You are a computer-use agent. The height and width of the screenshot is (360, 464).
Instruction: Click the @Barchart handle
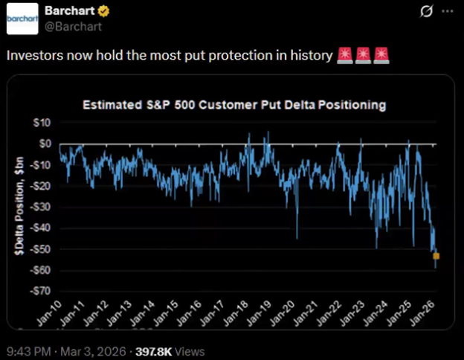point(71,26)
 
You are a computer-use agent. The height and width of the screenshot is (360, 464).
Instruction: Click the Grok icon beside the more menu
point(426,11)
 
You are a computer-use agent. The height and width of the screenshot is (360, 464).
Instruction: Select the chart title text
point(233,105)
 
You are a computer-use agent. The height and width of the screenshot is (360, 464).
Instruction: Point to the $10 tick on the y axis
point(42,123)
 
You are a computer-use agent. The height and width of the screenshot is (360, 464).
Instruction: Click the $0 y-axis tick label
point(44,144)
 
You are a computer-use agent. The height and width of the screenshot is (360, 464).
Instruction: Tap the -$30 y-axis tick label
point(42,207)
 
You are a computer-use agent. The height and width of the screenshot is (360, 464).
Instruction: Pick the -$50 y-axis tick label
point(42,249)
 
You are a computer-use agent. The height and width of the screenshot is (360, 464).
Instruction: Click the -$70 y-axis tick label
point(42,291)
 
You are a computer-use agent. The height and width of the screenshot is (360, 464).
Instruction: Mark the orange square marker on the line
point(436,256)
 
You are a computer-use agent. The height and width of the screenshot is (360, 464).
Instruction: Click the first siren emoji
point(344,56)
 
